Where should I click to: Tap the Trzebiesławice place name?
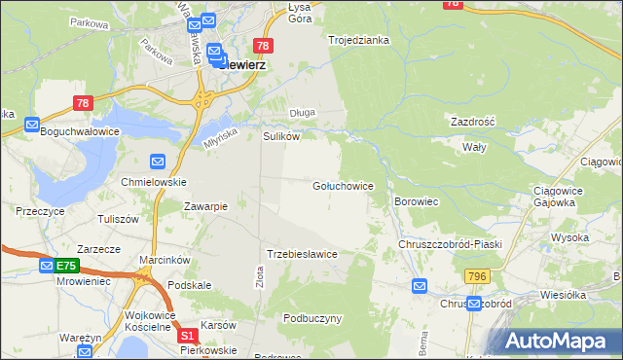pyautogui.click(x=302, y=254)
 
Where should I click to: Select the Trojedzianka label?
pyautogui.click(x=358, y=40)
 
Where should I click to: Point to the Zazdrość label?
pyautogui.click(x=473, y=123)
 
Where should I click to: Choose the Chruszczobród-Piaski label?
pyautogui.click(x=450, y=244)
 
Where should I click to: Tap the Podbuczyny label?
pyautogui.click(x=312, y=318)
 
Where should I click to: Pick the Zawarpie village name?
pyautogui.click(x=205, y=206)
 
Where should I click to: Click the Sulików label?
pyautogui.click(x=280, y=137)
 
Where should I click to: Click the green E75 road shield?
pyautogui.click(x=66, y=266)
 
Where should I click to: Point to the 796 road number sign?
pyautogui.click(x=477, y=276)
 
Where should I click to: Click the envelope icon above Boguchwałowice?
pyautogui.click(x=32, y=125)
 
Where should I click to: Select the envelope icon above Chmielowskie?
pyautogui.click(x=158, y=161)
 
